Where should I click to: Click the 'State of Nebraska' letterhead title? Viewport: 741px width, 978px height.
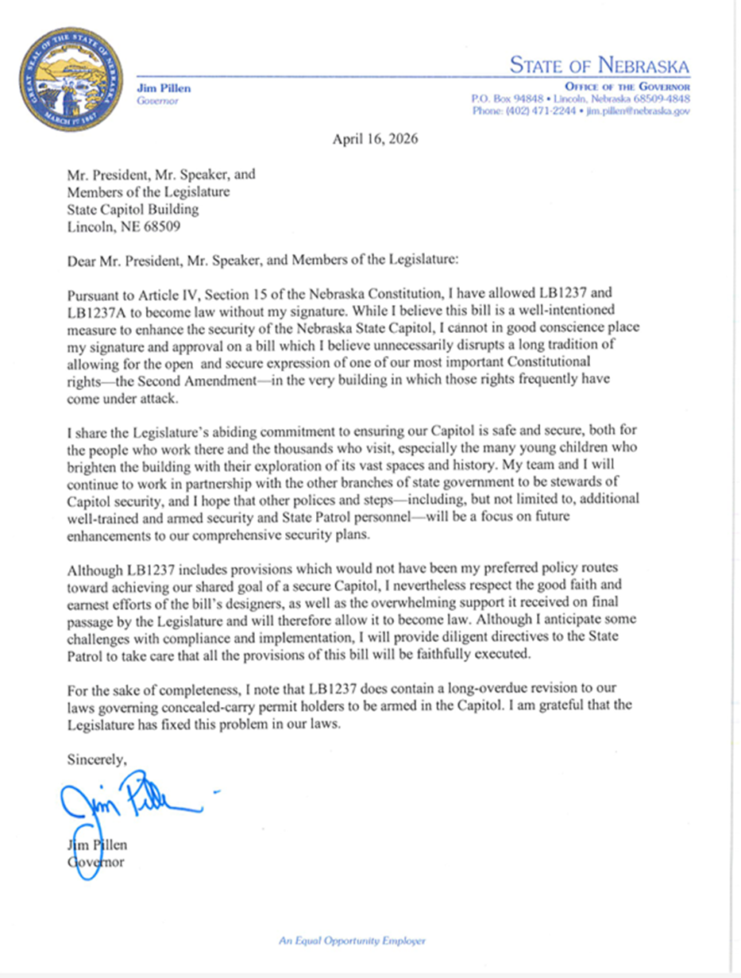600,65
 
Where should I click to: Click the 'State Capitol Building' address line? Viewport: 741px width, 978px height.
133,210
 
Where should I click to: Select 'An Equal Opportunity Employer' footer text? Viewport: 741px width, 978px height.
352,941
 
